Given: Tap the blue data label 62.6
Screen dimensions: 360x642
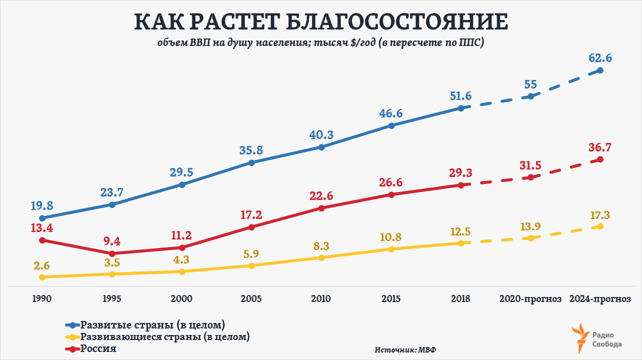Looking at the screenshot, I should coord(600,58).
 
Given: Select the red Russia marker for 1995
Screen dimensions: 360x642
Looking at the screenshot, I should coord(112,253).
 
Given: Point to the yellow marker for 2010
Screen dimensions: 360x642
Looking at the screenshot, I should coord(321,257).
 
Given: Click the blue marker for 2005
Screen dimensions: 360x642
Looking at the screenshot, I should coord(251,162).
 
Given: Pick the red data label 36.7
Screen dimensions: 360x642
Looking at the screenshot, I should coord(600,147).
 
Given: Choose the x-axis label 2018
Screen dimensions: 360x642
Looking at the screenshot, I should coord(460,299).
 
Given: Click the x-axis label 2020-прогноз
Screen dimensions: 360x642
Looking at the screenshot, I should coord(530,299).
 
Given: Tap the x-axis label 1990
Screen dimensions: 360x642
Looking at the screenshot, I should coord(42,299).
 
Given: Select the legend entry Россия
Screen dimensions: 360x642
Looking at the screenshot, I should coord(98,348).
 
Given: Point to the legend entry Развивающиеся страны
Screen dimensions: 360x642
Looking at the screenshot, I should coord(165,336).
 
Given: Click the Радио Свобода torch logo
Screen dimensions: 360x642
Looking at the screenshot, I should coord(582,337).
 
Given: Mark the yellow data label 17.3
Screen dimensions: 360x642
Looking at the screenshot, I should coord(600,215).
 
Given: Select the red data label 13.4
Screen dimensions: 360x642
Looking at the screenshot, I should coord(42,228).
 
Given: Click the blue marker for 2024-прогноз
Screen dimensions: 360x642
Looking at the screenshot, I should coord(600,70).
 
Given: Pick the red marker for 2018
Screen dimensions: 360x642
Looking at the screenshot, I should coord(461,185).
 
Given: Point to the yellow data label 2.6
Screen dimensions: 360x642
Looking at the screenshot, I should coord(42,265).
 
